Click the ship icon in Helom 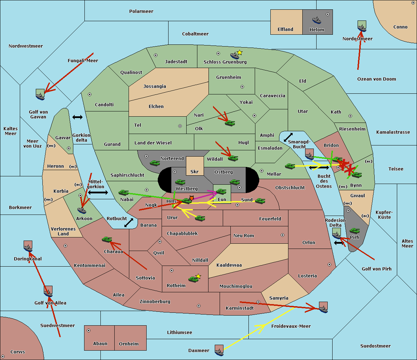(x=317, y=20)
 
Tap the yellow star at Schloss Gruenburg (x=239, y=53)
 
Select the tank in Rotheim (x=193, y=279)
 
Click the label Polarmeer (x=141, y=11)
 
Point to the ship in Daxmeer (x=219, y=352)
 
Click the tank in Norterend (x=155, y=163)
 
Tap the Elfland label (x=285, y=30)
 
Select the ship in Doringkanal (x=28, y=248)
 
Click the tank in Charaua (x=107, y=240)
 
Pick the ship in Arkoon (x=82, y=210)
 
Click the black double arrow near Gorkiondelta (x=77, y=117)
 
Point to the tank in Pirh (x=354, y=231)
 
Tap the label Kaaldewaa (x=229, y=265)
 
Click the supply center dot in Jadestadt (x=156, y=55)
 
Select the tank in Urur (x=200, y=218)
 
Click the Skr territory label (x=195, y=171)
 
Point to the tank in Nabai (x=123, y=192)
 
